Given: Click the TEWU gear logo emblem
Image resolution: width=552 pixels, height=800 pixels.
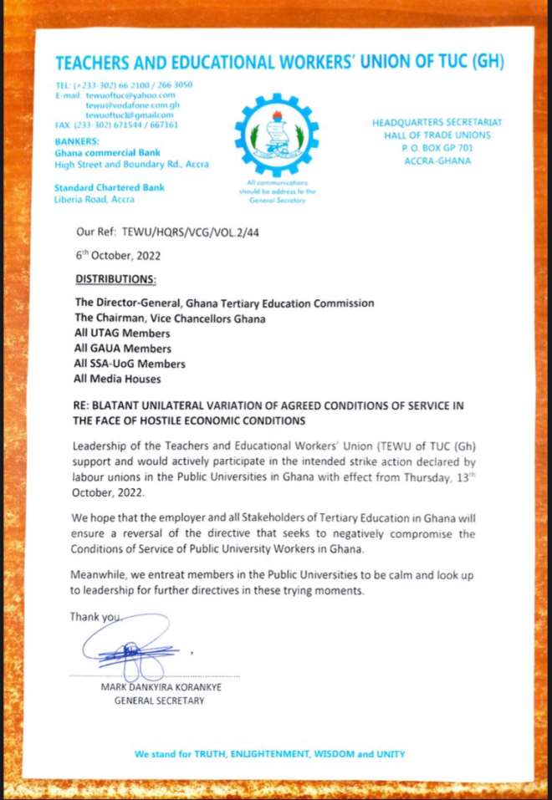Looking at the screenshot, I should pyautogui.click(x=276, y=134).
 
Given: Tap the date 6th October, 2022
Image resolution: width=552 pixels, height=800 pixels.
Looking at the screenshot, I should pyautogui.click(x=118, y=255).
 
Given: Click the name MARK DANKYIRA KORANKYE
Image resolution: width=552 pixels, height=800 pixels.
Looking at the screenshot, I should pyautogui.click(x=160, y=687).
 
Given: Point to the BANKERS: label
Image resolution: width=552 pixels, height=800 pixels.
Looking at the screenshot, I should pyautogui.click(x=77, y=141).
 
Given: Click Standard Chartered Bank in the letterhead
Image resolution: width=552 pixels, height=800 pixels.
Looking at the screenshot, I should pyautogui.click(x=109, y=187).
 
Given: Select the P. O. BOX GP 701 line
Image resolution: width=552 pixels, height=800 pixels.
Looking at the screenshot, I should pyautogui.click(x=437, y=148).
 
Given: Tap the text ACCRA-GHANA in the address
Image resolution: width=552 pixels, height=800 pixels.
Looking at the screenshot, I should pyautogui.click(x=437, y=161).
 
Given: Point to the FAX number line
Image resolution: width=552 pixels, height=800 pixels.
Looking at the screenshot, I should pyautogui.click(x=115, y=125).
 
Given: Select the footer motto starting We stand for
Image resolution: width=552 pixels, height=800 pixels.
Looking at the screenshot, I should pyautogui.click(x=269, y=753).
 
